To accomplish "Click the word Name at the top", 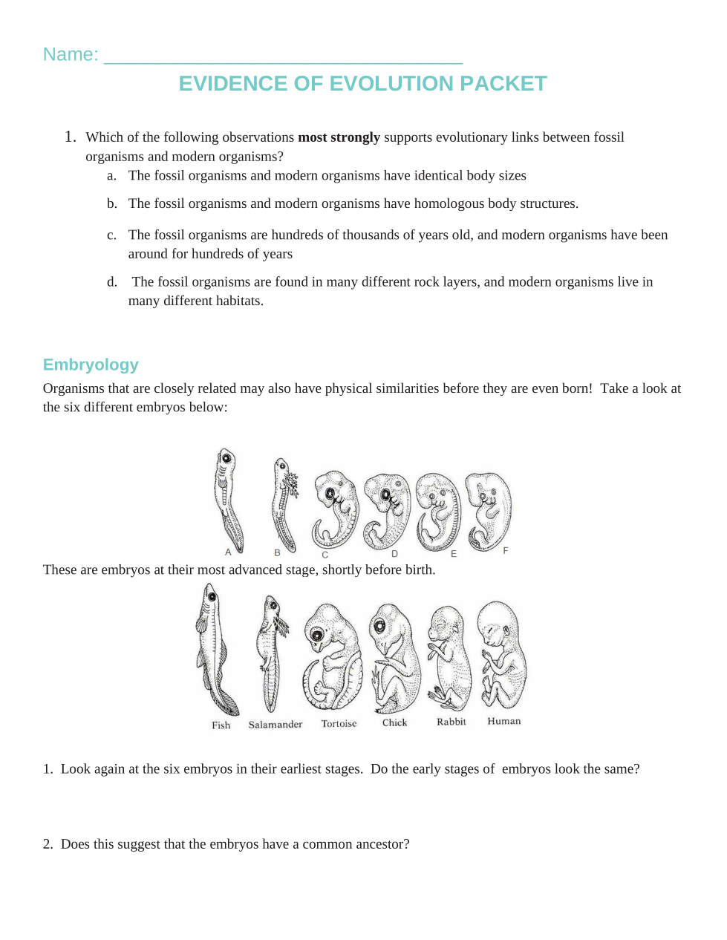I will click(70, 54).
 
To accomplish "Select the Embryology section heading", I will click(91, 365).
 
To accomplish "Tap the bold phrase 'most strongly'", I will click(339, 137).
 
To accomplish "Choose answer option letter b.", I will click(111, 203).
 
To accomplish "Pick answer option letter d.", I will click(111, 282).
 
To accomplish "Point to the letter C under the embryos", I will click(325, 555).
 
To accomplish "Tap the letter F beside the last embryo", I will click(505, 550).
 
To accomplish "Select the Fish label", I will click(221, 725).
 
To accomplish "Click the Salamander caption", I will click(275, 725).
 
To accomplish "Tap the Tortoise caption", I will click(339, 724).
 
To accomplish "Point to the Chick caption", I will click(394, 722).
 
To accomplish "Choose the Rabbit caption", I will click(451, 722).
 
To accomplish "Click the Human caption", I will click(503, 721).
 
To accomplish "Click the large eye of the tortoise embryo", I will click(319, 636).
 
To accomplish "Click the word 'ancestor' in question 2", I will click(379, 844).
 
